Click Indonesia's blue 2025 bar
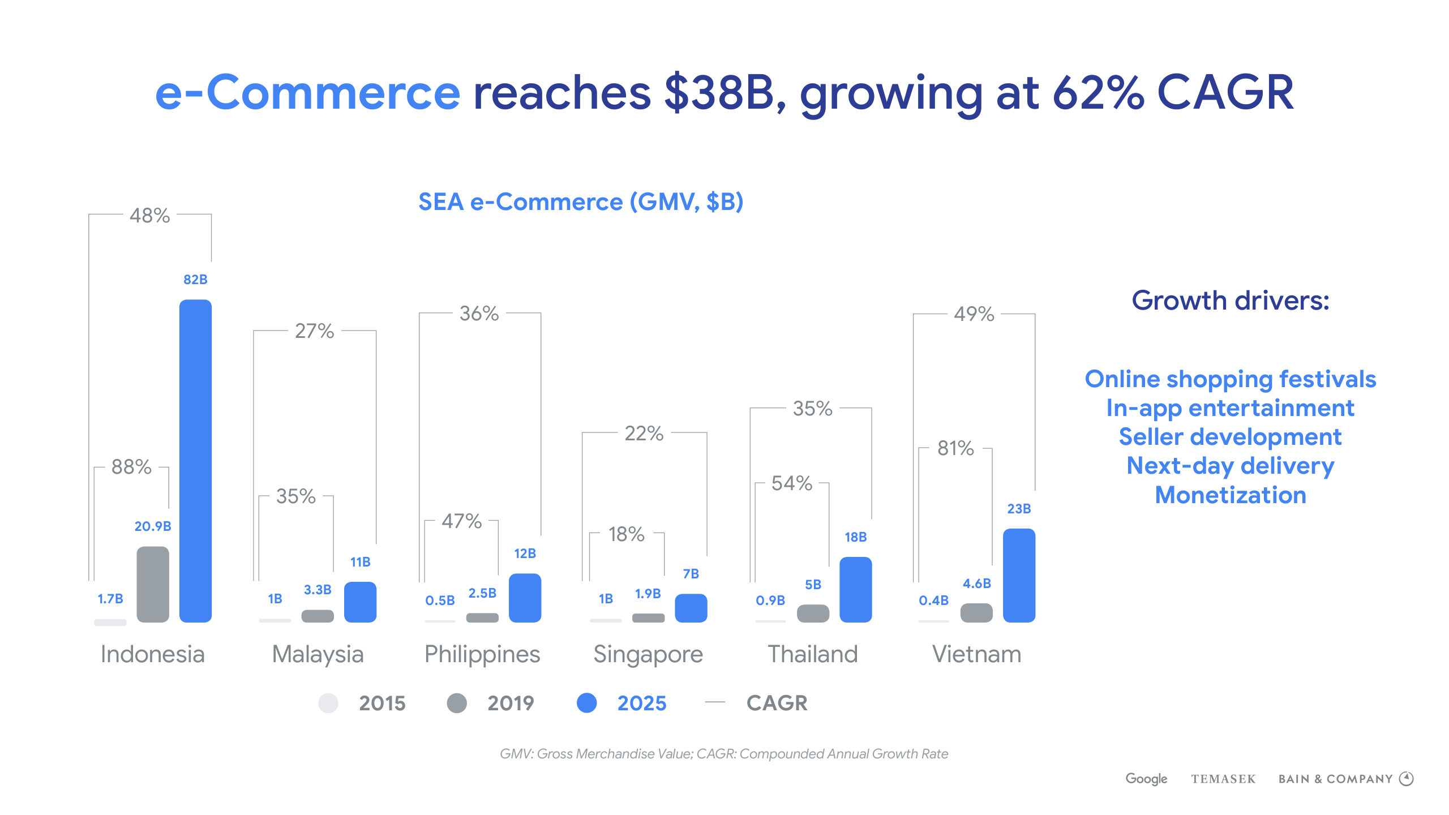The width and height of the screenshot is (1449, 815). pyautogui.click(x=195, y=461)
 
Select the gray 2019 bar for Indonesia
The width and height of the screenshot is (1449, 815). pyautogui.click(x=153, y=584)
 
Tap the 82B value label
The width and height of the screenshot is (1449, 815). pyautogui.click(x=195, y=280)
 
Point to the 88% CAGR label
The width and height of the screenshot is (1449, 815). pyautogui.click(x=131, y=467)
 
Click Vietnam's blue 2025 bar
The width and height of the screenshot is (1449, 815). pyautogui.click(x=1019, y=575)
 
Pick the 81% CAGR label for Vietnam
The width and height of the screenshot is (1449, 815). pyautogui.click(x=955, y=448)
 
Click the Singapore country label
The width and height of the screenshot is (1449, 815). pyautogui.click(x=648, y=654)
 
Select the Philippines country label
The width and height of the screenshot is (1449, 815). pyautogui.click(x=482, y=654)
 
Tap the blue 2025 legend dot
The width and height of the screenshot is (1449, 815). pyautogui.click(x=587, y=703)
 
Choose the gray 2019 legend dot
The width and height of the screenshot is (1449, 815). pyautogui.click(x=457, y=703)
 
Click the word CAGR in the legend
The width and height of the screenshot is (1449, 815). pyautogui.click(x=777, y=703)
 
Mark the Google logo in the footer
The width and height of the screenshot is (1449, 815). pyautogui.click(x=1146, y=779)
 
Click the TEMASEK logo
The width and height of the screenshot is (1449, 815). pyautogui.click(x=1223, y=779)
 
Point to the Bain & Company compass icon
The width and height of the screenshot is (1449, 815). pyautogui.click(x=1407, y=779)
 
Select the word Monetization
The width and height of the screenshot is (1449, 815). pyautogui.click(x=1231, y=495)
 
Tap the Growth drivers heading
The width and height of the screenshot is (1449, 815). pyautogui.click(x=1231, y=301)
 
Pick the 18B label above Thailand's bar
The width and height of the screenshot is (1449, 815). pyautogui.click(x=855, y=537)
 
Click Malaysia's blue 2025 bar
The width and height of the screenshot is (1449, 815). pyautogui.click(x=360, y=602)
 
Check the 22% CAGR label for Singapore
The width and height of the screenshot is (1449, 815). pyautogui.click(x=644, y=434)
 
